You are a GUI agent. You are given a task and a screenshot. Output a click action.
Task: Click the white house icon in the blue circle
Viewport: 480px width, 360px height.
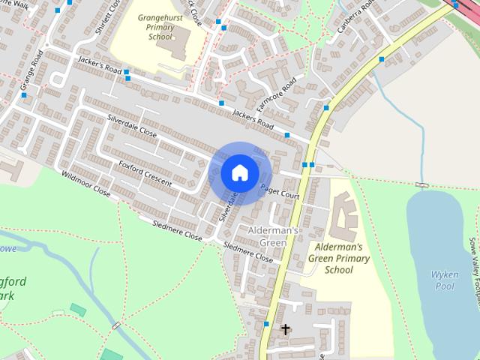point(238,172)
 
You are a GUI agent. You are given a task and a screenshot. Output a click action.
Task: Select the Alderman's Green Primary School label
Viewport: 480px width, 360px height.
point(339,258)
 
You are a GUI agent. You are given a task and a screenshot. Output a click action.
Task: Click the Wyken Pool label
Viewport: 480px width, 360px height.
point(444,280)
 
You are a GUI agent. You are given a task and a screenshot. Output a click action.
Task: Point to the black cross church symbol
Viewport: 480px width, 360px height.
point(285,328)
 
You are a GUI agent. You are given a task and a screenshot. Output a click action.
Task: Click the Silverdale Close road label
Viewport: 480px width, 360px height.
point(131,124)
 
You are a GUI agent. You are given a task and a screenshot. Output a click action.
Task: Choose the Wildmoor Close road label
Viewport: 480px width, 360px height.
point(85,183)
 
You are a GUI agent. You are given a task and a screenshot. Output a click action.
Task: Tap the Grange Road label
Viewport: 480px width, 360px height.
point(31,69)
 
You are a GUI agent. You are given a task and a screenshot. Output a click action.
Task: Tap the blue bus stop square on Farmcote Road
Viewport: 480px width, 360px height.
point(222,103)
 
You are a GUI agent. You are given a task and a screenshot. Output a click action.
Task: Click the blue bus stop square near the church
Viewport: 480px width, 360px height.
point(266,324)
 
